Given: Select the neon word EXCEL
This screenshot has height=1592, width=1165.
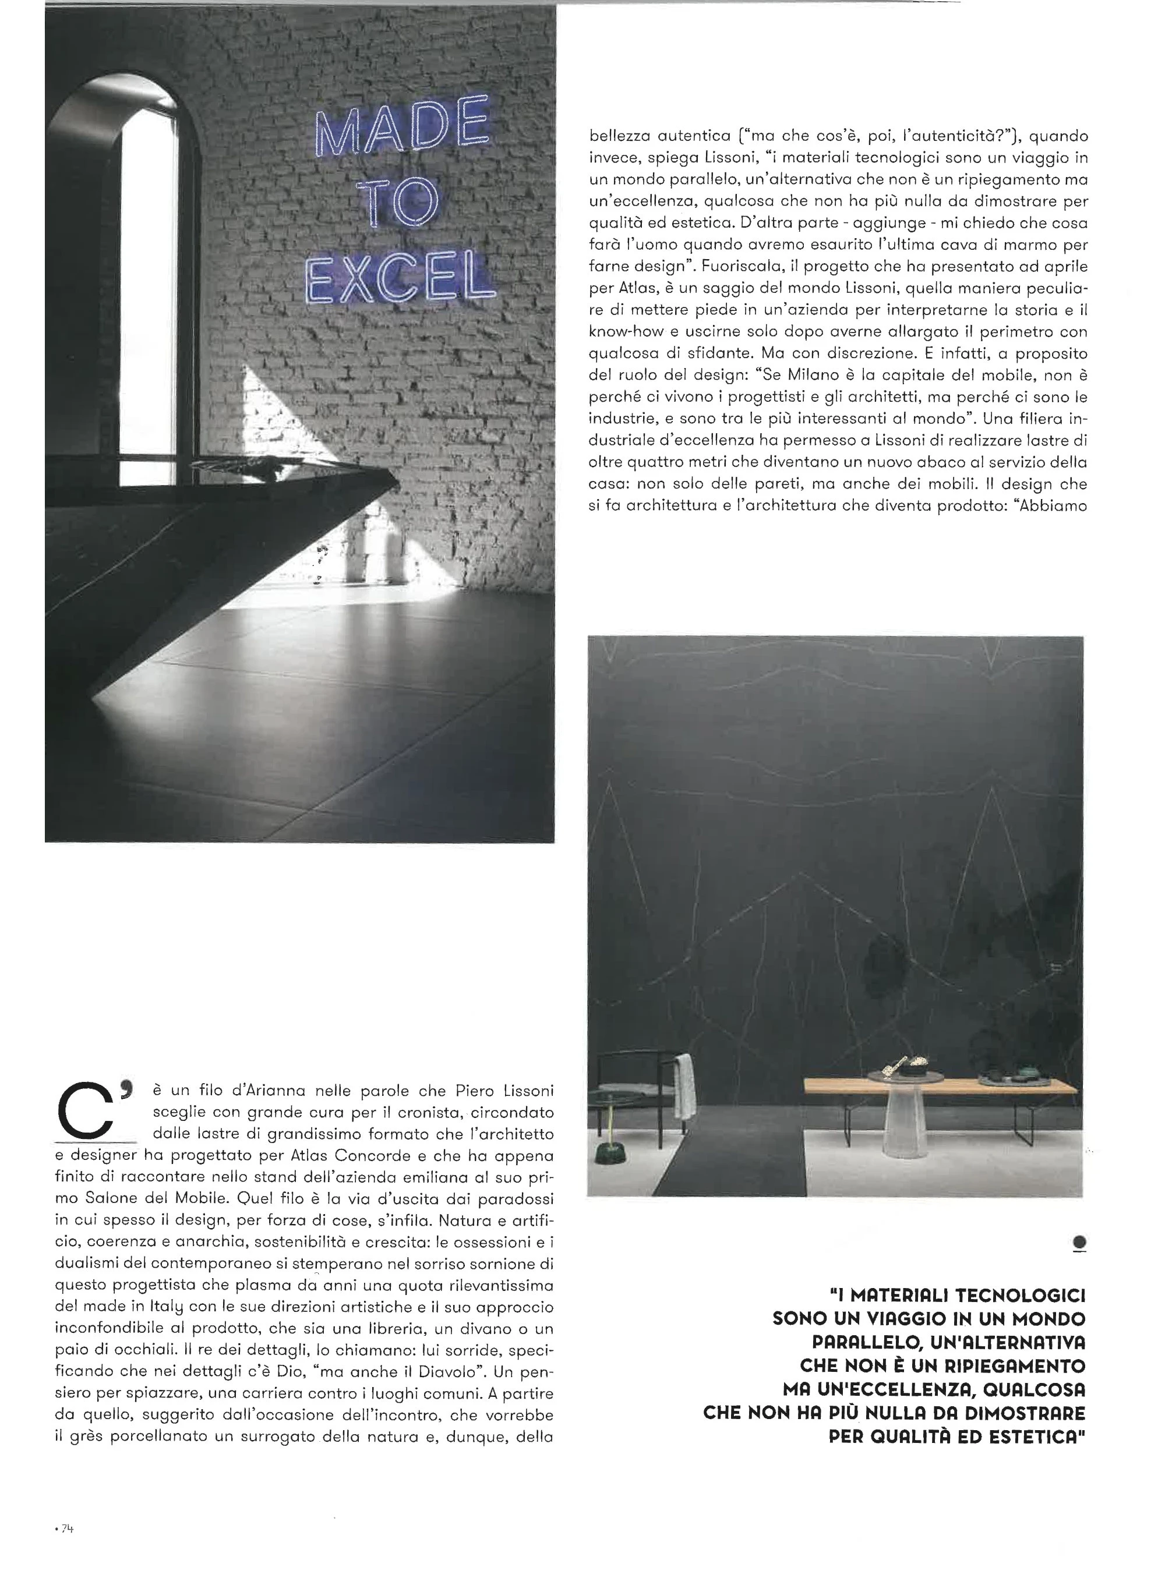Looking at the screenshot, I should (400, 282).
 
